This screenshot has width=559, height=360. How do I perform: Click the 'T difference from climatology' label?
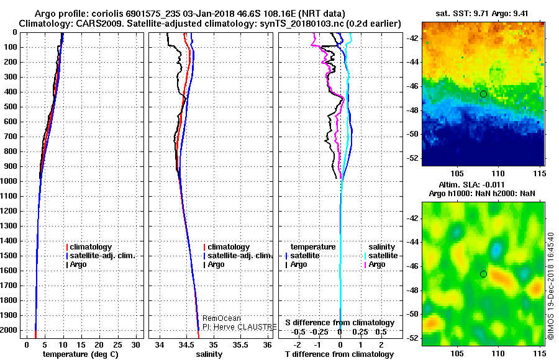pos(339,354)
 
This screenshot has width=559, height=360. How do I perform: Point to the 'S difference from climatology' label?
pos(340,323)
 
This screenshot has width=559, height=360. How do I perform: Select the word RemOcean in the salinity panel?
pos(221,318)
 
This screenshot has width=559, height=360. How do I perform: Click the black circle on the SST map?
pos(483,94)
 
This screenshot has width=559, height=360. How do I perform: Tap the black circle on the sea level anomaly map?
pos(483,274)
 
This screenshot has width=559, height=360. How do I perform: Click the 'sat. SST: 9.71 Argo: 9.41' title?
pos(484,13)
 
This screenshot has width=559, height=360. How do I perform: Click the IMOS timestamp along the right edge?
pos(551,286)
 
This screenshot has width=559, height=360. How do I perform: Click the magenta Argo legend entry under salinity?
pos(376,264)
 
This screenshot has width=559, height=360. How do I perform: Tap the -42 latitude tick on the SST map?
pos(415,38)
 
